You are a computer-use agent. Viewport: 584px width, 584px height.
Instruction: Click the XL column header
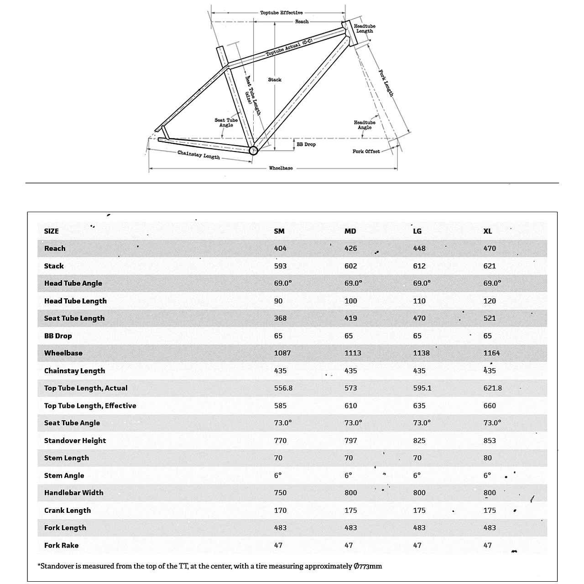(x=488, y=231)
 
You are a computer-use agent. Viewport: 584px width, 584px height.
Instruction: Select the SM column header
(x=279, y=231)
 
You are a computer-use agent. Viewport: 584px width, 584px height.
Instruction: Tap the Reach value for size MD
(x=351, y=248)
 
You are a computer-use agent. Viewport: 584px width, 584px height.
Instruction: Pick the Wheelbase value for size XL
(x=492, y=353)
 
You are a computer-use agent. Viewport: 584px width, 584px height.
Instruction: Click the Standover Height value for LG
(x=419, y=440)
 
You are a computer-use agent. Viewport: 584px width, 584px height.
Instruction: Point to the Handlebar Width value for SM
(x=280, y=492)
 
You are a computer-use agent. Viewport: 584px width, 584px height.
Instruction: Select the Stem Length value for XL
(x=488, y=458)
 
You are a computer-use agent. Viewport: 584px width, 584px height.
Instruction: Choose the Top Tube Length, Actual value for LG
(x=422, y=388)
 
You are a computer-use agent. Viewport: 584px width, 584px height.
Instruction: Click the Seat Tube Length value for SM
(x=280, y=318)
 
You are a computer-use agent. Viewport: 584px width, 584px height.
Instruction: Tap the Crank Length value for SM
(x=280, y=510)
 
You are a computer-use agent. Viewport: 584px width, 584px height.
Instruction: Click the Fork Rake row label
(x=61, y=545)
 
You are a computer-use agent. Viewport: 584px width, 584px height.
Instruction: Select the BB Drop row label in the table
(x=58, y=336)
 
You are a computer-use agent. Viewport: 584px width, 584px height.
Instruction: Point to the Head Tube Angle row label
(x=73, y=283)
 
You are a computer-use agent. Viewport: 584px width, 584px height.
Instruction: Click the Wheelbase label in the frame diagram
(x=281, y=168)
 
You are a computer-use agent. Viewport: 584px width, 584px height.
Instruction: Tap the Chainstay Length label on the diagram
(x=198, y=155)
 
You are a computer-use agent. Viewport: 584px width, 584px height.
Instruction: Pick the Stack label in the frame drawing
(x=275, y=79)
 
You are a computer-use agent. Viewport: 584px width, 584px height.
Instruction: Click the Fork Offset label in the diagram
(x=366, y=151)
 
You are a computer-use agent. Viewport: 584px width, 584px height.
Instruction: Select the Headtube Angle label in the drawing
(x=365, y=125)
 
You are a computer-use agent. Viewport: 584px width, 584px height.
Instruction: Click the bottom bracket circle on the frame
(x=253, y=151)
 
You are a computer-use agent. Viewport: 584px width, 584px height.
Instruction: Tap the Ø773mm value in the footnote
(x=368, y=566)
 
